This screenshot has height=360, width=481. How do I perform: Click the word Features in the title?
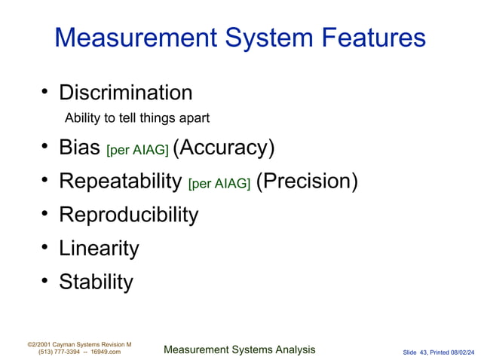[369, 38]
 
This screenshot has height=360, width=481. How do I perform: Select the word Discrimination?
[125, 93]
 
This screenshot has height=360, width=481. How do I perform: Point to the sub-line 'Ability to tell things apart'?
[136, 117]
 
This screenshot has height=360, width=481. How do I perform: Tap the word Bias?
[80, 148]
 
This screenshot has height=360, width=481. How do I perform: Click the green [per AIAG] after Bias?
[137, 150]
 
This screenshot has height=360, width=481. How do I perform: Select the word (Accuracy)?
[223, 148]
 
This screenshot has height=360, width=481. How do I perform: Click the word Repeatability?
[120, 182]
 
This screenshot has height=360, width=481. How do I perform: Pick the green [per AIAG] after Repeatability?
[219, 184]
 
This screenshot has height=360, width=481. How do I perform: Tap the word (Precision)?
[307, 182]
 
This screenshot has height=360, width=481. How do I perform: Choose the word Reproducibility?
[128, 215]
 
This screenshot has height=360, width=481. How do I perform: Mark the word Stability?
[96, 282]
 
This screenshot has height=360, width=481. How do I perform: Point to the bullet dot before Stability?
[45, 282]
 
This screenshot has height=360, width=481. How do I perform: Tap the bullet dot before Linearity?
[45, 248]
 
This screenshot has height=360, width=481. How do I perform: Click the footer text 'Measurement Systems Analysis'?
[239, 349]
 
